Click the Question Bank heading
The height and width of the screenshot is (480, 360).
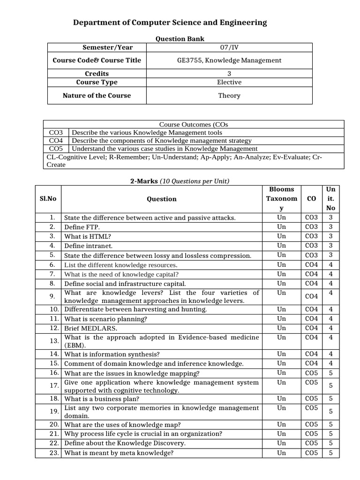pyautogui.click(x=180, y=39)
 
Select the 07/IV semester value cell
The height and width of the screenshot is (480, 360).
pyautogui.click(x=229, y=47)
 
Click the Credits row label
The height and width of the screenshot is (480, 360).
pyautogui.click(x=97, y=74)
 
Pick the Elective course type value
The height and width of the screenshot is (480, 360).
pyautogui.click(x=229, y=82)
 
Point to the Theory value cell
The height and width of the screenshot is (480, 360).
pyautogui.click(x=229, y=96)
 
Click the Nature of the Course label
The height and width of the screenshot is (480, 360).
pyautogui.click(x=97, y=96)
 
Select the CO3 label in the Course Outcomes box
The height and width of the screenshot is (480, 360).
pyautogui.click(x=56, y=133)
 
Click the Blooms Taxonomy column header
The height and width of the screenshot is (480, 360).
pyautogui.click(x=281, y=199)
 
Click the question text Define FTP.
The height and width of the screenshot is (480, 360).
pyautogui.click(x=82, y=227)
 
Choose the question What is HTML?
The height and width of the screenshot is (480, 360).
pyautogui.click(x=87, y=236)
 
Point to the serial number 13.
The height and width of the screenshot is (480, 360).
pyautogui.click(x=54, y=341)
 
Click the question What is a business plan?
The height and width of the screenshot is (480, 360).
pyautogui.click(x=102, y=399)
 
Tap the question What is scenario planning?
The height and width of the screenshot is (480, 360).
pyautogui.click(x=105, y=319)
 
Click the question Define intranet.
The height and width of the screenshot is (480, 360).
pyautogui.click(x=88, y=246)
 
